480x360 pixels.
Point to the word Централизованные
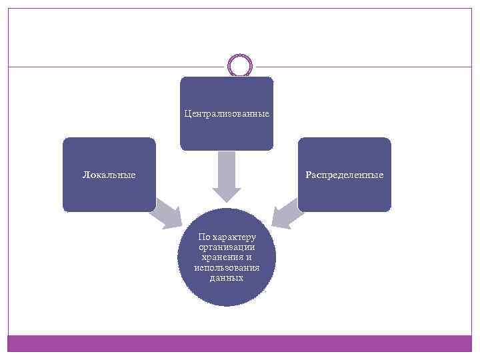pyautogui.click(x=227, y=114)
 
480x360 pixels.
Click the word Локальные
pyautogui.click(x=109, y=175)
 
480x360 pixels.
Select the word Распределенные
pyautogui.click(x=345, y=175)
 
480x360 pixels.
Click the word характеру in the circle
pyautogui.click(x=233, y=237)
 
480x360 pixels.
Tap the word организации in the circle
pyautogui.click(x=227, y=247)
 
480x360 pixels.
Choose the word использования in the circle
pyautogui.click(x=227, y=267)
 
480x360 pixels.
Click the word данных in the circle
pyautogui.click(x=227, y=277)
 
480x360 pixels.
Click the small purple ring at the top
pyautogui.click(x=240, y=65)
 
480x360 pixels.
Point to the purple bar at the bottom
pyautogui.click(x=240, y=343)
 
